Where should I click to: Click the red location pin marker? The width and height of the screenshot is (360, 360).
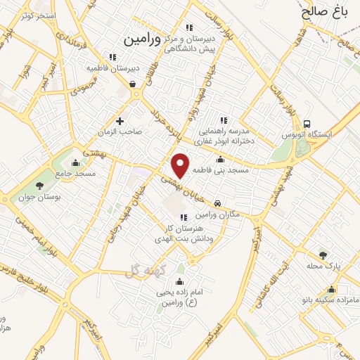(x=181, y=165)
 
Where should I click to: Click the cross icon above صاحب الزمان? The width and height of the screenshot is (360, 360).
(x=120, y=121)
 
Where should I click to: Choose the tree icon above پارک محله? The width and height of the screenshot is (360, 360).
(x=323, y=255)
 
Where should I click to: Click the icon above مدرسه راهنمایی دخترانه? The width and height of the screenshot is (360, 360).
(x=225, y=120)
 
